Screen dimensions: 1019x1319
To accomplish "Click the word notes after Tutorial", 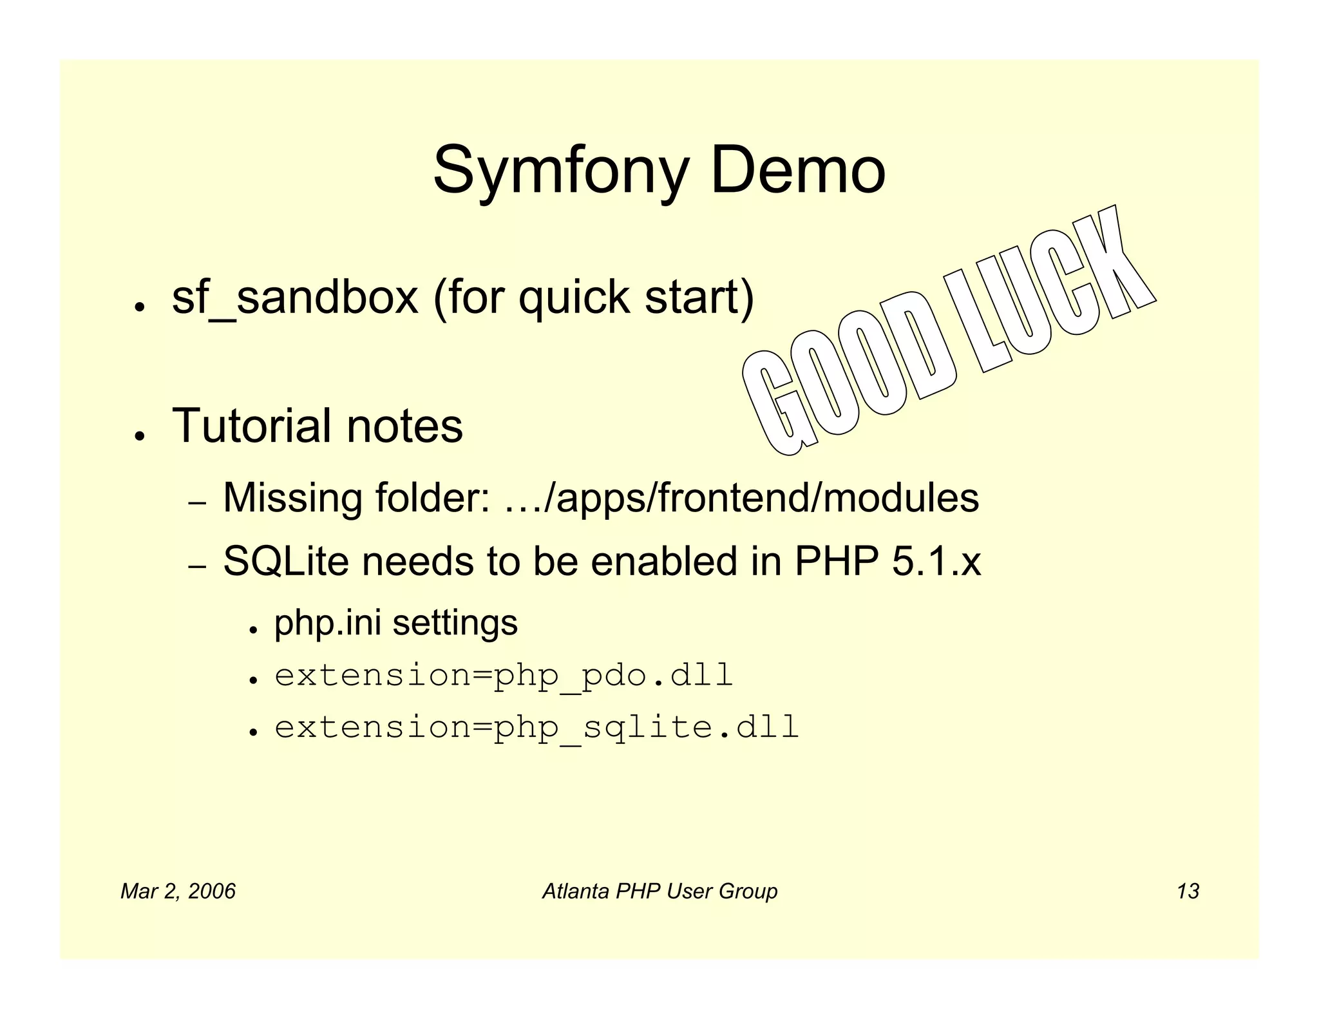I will click(x=404, y=426).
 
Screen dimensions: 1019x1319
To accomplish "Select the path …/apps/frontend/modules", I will click(x=741, y=498).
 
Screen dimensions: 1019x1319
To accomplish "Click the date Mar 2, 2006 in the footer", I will click(x=178, y=891).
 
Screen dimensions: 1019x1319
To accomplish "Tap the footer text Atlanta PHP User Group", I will click(x=659, y=891).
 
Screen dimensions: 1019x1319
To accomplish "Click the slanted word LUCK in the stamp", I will click(x=1050, y=283).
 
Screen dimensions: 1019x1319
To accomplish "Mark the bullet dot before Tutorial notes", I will click(x=138, y=436).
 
